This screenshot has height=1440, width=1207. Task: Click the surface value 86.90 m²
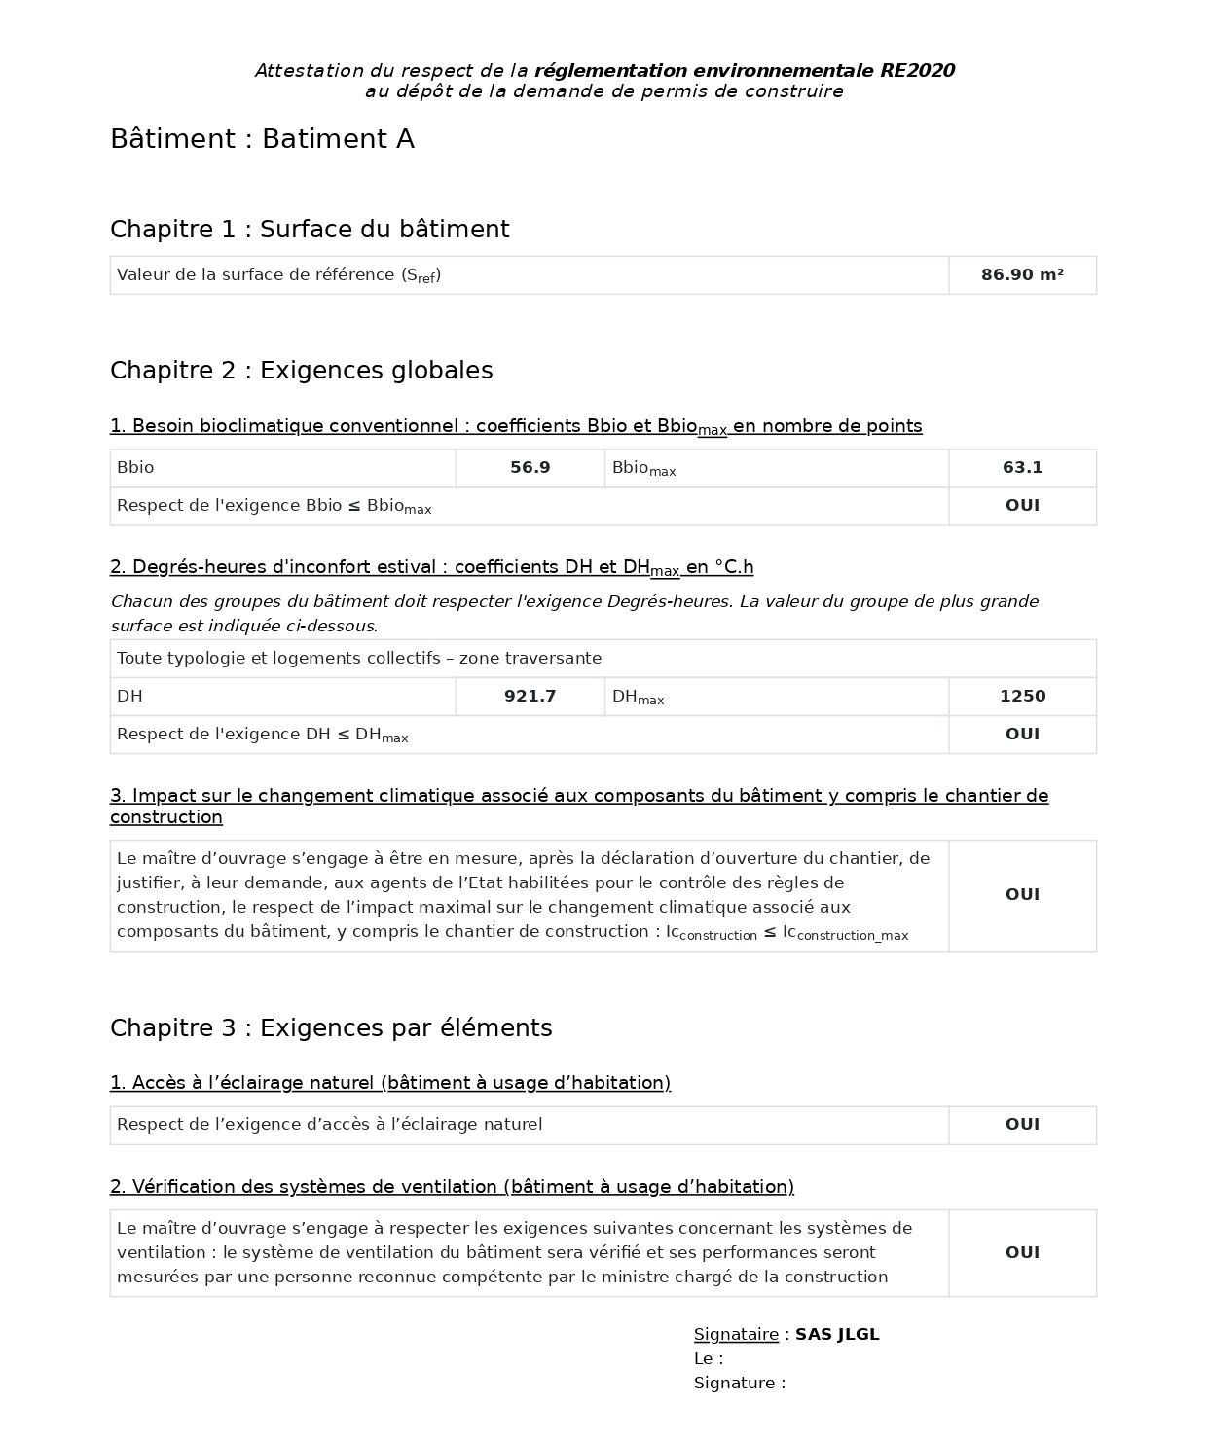(x=1022, y=275)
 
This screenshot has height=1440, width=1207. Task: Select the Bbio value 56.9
(x=530, y=468)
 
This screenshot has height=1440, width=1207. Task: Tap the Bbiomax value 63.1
(x=1022, y=468)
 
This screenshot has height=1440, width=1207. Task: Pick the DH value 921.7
(x=530, y=697)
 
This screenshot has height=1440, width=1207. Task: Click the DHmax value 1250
(x=1022, y=697)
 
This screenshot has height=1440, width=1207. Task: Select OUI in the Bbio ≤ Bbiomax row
(x=1022, y=506)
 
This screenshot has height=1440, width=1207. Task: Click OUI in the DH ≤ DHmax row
(x=1022, y=735)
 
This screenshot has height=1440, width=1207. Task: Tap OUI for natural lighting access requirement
(x=1022, y=1125)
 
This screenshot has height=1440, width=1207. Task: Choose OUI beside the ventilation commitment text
(x=1022, y=1253)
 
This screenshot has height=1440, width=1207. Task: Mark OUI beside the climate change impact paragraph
(x=1022, y=895)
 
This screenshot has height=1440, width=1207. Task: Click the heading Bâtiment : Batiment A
(x=262, y=139)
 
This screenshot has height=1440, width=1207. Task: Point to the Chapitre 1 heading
(x=310, y=230)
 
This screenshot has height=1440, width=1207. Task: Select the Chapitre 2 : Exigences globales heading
(x=301, y=371)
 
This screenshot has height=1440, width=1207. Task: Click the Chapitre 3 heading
(x=331, y=1028)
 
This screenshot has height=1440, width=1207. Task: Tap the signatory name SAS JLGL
(x=837, y=1335)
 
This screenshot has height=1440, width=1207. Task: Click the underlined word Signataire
(x=736, y=1335)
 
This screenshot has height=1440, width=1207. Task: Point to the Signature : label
(x=739, y=1384)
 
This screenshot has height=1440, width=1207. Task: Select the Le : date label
(x=708, y=1359)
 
